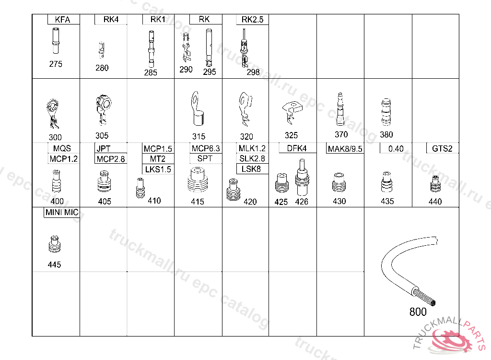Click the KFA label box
tap(62, 20)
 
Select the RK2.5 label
tap(252, 20)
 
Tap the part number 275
tap(56, 64)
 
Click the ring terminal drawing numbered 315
tap(196, 109)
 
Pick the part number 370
tap(341, 134)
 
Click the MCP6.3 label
tap(206, 148)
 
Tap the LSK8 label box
tap(252, 169)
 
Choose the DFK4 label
tap(297, 148)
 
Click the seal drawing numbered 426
tap(302, 177)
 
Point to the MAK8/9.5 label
tap(345, 149)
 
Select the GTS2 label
tap(442, 148)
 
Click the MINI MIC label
tap(62, 212)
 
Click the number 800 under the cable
tap(418, 312)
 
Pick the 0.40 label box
tap(396, 148)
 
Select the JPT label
tap(103, 148)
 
